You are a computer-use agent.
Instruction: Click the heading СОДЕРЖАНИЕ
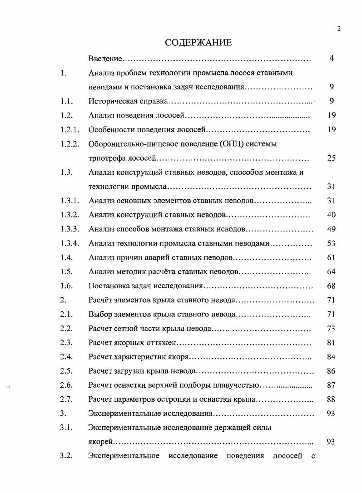(198, 43)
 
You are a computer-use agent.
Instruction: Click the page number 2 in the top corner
(339, 29)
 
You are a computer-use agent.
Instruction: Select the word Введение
(106, 59)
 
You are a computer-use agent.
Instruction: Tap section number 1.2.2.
(70, 144)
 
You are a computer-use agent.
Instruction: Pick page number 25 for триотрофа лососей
(331, 158)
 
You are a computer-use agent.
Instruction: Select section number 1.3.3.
(70, 229)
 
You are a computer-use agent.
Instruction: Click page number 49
(331, 229)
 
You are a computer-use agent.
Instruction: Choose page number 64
(331, 272)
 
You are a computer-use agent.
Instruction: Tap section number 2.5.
(66, 371)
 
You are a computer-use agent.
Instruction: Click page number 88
(331, 400)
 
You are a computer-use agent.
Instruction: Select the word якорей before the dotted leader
(100, 442)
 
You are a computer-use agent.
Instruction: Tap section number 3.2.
(66, 456)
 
